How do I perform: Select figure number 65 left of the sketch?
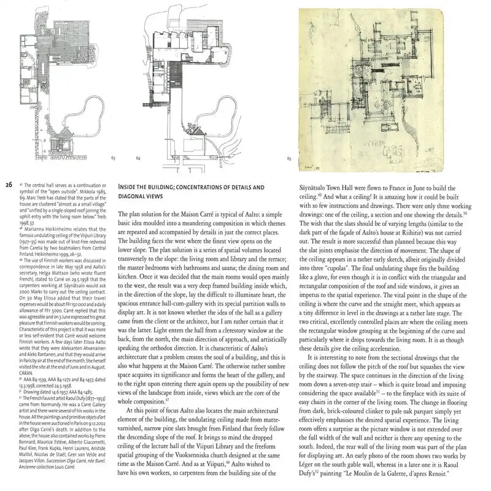coord(289,158)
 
